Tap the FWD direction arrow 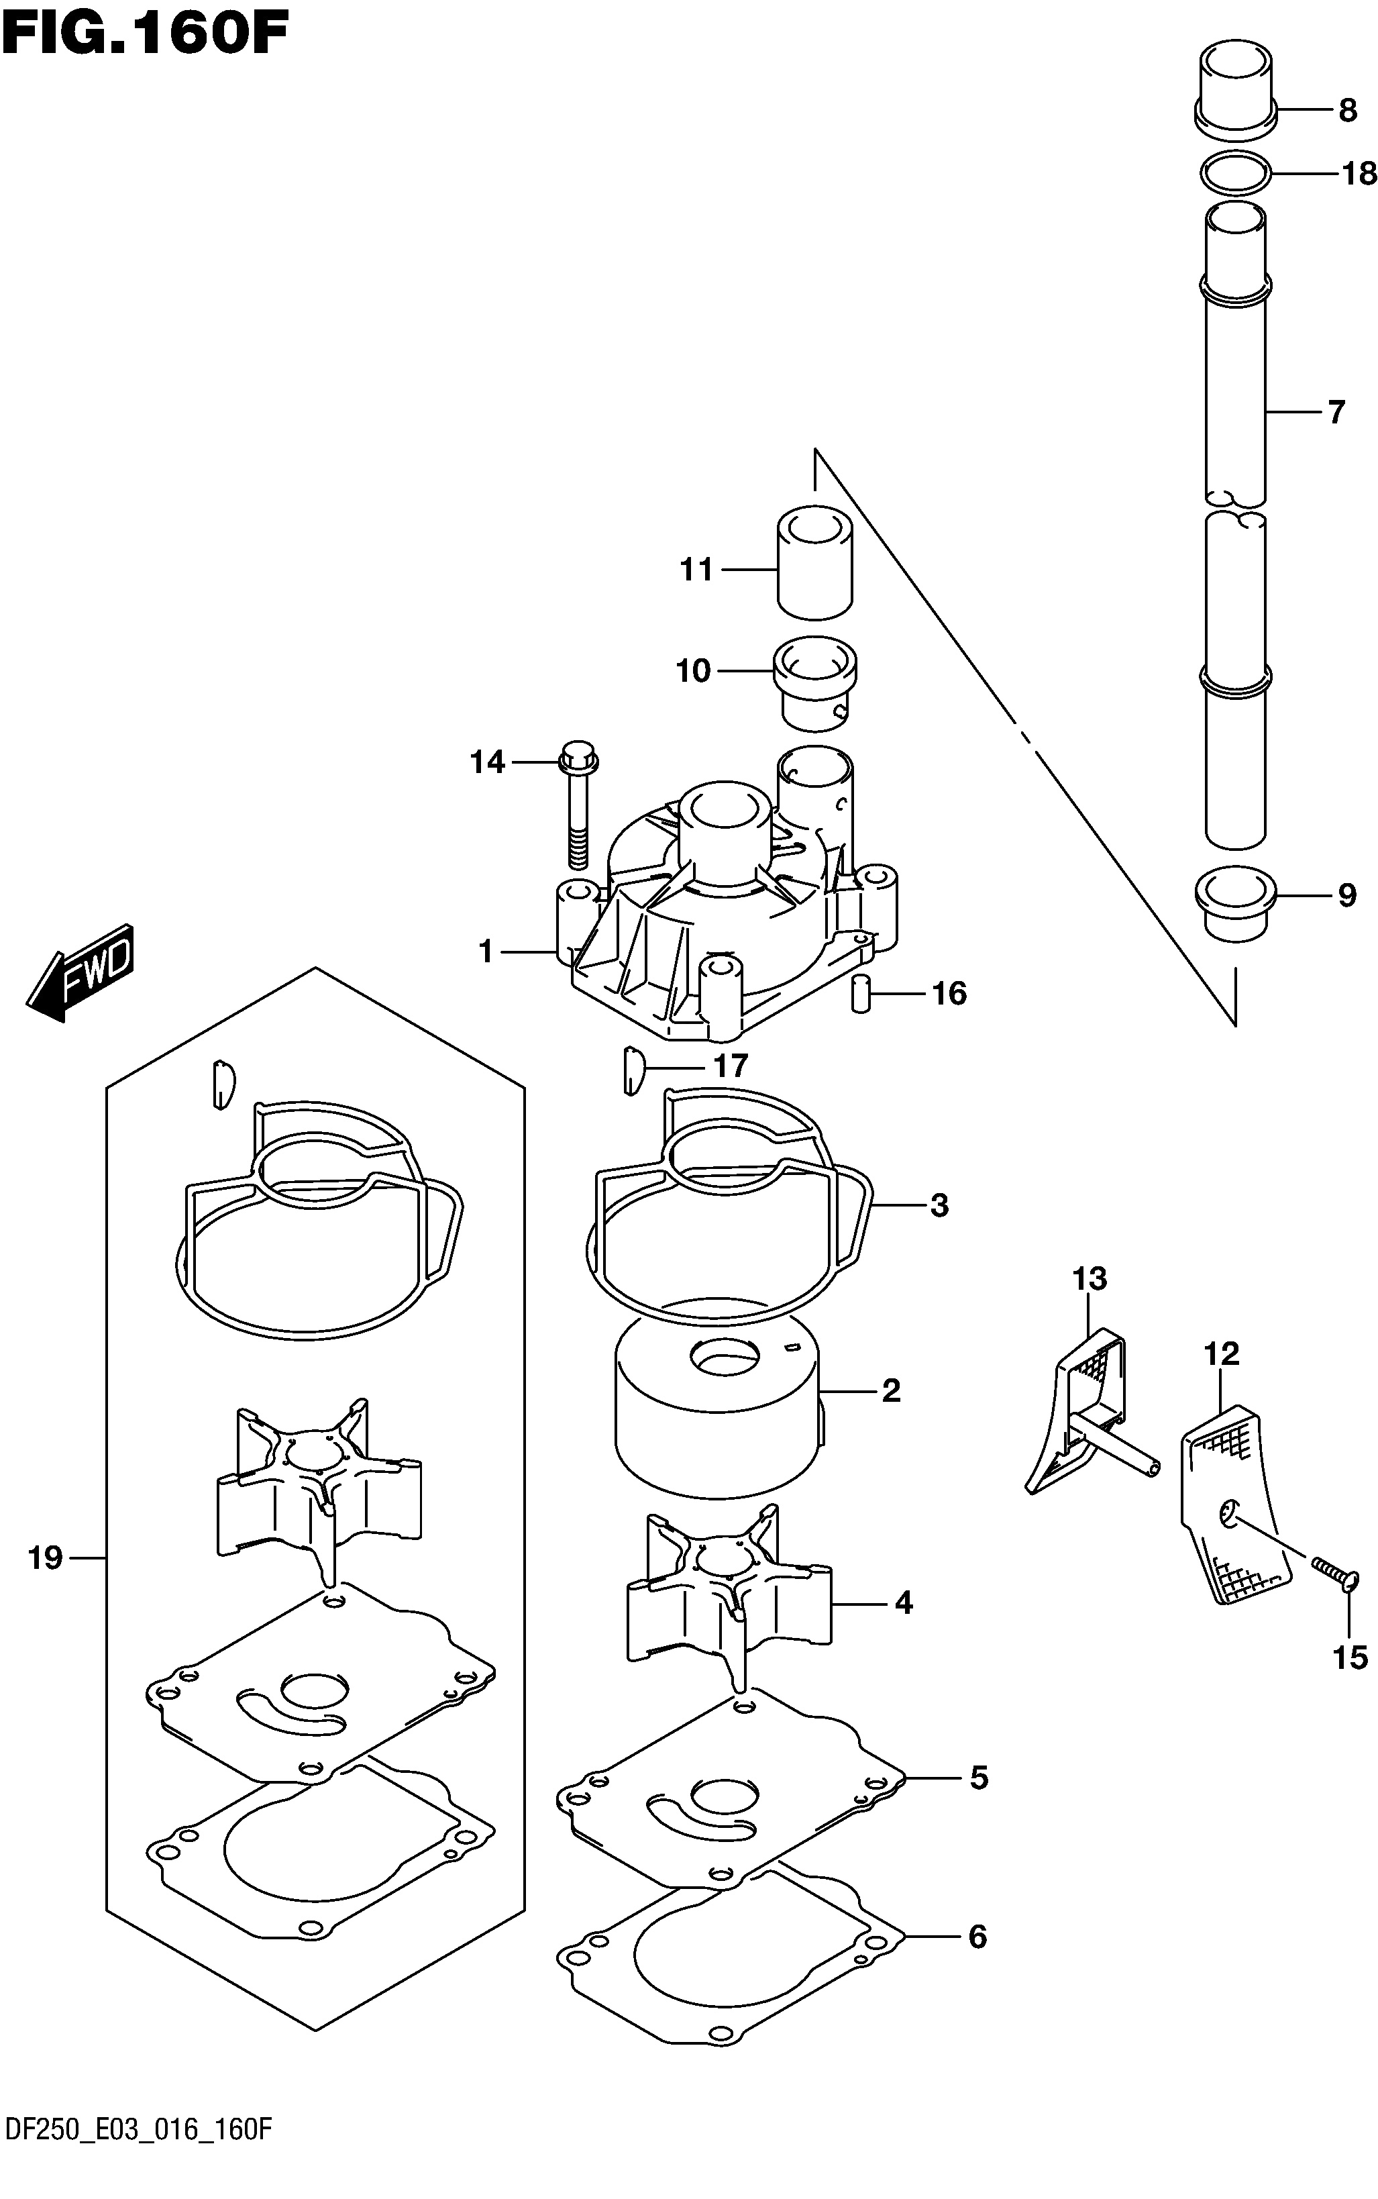point(81,972)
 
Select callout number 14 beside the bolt point(488,761)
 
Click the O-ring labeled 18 point(1236,174)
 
